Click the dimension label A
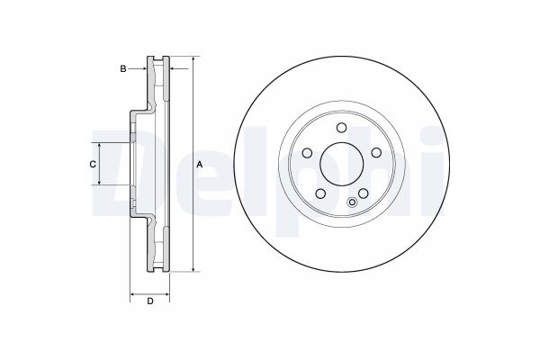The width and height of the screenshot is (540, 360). (200, 165)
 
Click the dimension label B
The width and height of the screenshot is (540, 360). (123, 69)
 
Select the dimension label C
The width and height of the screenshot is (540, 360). (93, 165)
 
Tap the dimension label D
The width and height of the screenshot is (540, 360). (150, 301)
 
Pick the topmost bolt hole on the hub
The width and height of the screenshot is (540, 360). (342, 128)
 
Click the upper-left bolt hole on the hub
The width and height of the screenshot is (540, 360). (307, 153)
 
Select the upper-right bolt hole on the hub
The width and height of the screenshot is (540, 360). (376, 153)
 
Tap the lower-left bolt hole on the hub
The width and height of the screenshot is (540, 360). (320, 193)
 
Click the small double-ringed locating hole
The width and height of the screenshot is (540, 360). (352, 202)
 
